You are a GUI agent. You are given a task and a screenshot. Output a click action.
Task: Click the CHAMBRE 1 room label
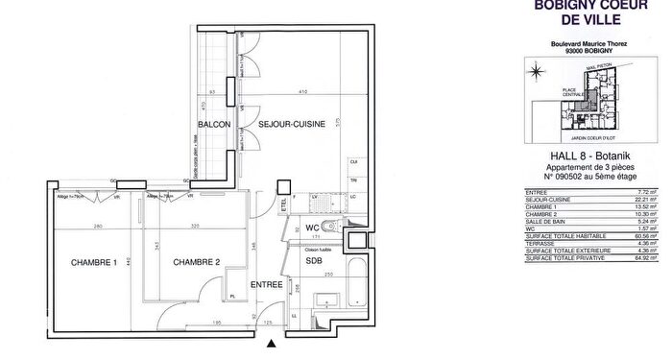tap(93, 264)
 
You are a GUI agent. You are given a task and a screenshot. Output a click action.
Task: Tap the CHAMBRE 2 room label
tap(197, 264)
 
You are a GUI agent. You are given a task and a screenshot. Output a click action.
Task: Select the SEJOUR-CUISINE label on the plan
tap(290, 124)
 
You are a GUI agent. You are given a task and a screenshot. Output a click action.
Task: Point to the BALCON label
tap(212, 125)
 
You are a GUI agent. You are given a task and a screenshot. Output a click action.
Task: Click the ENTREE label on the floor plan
tap(266, 285)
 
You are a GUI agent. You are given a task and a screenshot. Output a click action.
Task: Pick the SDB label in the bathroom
tap(314, 260)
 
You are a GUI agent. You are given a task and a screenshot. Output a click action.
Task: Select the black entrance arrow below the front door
tap(273, 343)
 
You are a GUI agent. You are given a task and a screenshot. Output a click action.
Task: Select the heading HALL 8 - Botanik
tap(588, 156)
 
